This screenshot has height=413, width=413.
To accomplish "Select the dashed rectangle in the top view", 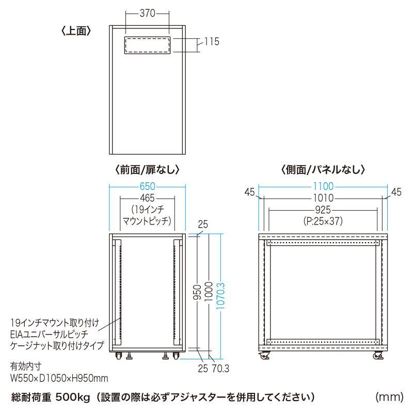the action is (x=148, y=45).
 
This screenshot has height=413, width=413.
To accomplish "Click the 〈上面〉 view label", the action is (x=76, y=30).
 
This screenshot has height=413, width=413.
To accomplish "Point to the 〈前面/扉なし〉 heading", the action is (x=147, y=169).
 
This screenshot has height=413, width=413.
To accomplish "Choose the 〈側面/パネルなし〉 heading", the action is (x=323, y=169).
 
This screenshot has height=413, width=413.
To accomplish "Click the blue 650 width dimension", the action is (x=147, y=186).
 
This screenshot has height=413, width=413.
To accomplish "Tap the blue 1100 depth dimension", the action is (x=323, y=186).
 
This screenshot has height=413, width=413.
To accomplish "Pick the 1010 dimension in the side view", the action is (x=323, y=198).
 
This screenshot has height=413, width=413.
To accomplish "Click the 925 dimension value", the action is (x=323, y=210).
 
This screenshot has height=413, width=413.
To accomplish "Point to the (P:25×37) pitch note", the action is (x=323, y=221).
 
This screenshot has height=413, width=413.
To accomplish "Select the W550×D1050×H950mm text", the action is (x=59, y=378).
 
